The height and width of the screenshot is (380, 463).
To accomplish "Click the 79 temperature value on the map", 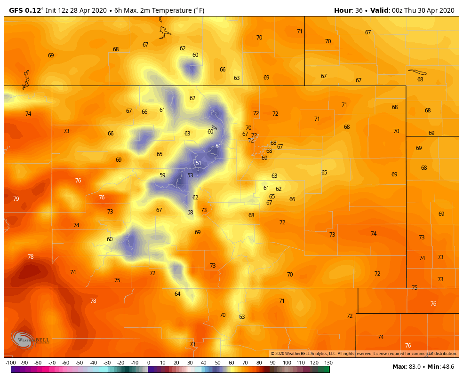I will click(x=16, y=199).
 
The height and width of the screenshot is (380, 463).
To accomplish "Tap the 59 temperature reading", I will click(x=162, y=175).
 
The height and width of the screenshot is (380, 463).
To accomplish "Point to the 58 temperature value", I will click(x=190, y=213).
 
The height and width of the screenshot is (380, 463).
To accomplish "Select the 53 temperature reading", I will click(x=190, y=175).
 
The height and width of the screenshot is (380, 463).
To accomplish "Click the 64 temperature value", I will click(x=177, y=294).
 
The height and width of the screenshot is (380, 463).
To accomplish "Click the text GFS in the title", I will click(x=16, y=10).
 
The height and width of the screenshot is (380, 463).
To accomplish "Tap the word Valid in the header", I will click(x=379, y=10).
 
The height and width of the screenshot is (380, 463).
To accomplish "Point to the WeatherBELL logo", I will click(x=30, y=340).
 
